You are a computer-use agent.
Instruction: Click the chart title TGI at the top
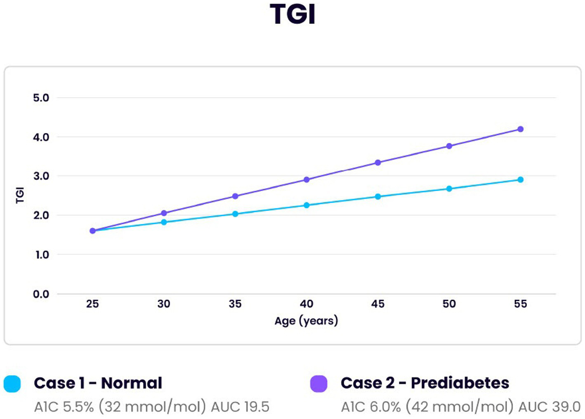(x=292, y=14)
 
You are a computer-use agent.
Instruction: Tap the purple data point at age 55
(x=520, y=129)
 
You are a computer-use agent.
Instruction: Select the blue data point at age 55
(x=520, y=180)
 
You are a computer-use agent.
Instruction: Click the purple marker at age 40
(x=307, y=180)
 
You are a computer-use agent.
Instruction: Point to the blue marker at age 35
(x=235, y=214)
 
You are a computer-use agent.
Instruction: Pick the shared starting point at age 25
(x=92, y=231)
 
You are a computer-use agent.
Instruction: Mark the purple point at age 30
(x=164, y=213)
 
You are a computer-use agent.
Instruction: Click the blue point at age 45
(x=378, y=197)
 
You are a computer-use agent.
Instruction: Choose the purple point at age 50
(x=449, y=146)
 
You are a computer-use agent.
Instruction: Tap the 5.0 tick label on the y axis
(x=41, y=98)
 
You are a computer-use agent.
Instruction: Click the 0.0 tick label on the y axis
(x=41, y=294)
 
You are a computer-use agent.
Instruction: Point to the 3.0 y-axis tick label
(x=41, y=176)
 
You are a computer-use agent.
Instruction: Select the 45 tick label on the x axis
(x=378, y=304)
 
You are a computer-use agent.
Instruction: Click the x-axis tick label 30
(x=164, y=304)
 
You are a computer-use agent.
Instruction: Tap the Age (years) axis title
(x=306, y=321)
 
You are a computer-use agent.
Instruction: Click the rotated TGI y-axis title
(x=20, y=195)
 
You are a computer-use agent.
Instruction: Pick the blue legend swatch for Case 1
(x=12, y=384)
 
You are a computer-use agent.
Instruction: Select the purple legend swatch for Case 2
(x=318, y=384)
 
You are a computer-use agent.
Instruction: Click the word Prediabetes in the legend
(x=460, y=383)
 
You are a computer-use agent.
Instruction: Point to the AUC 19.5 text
(x=240, y=407)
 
